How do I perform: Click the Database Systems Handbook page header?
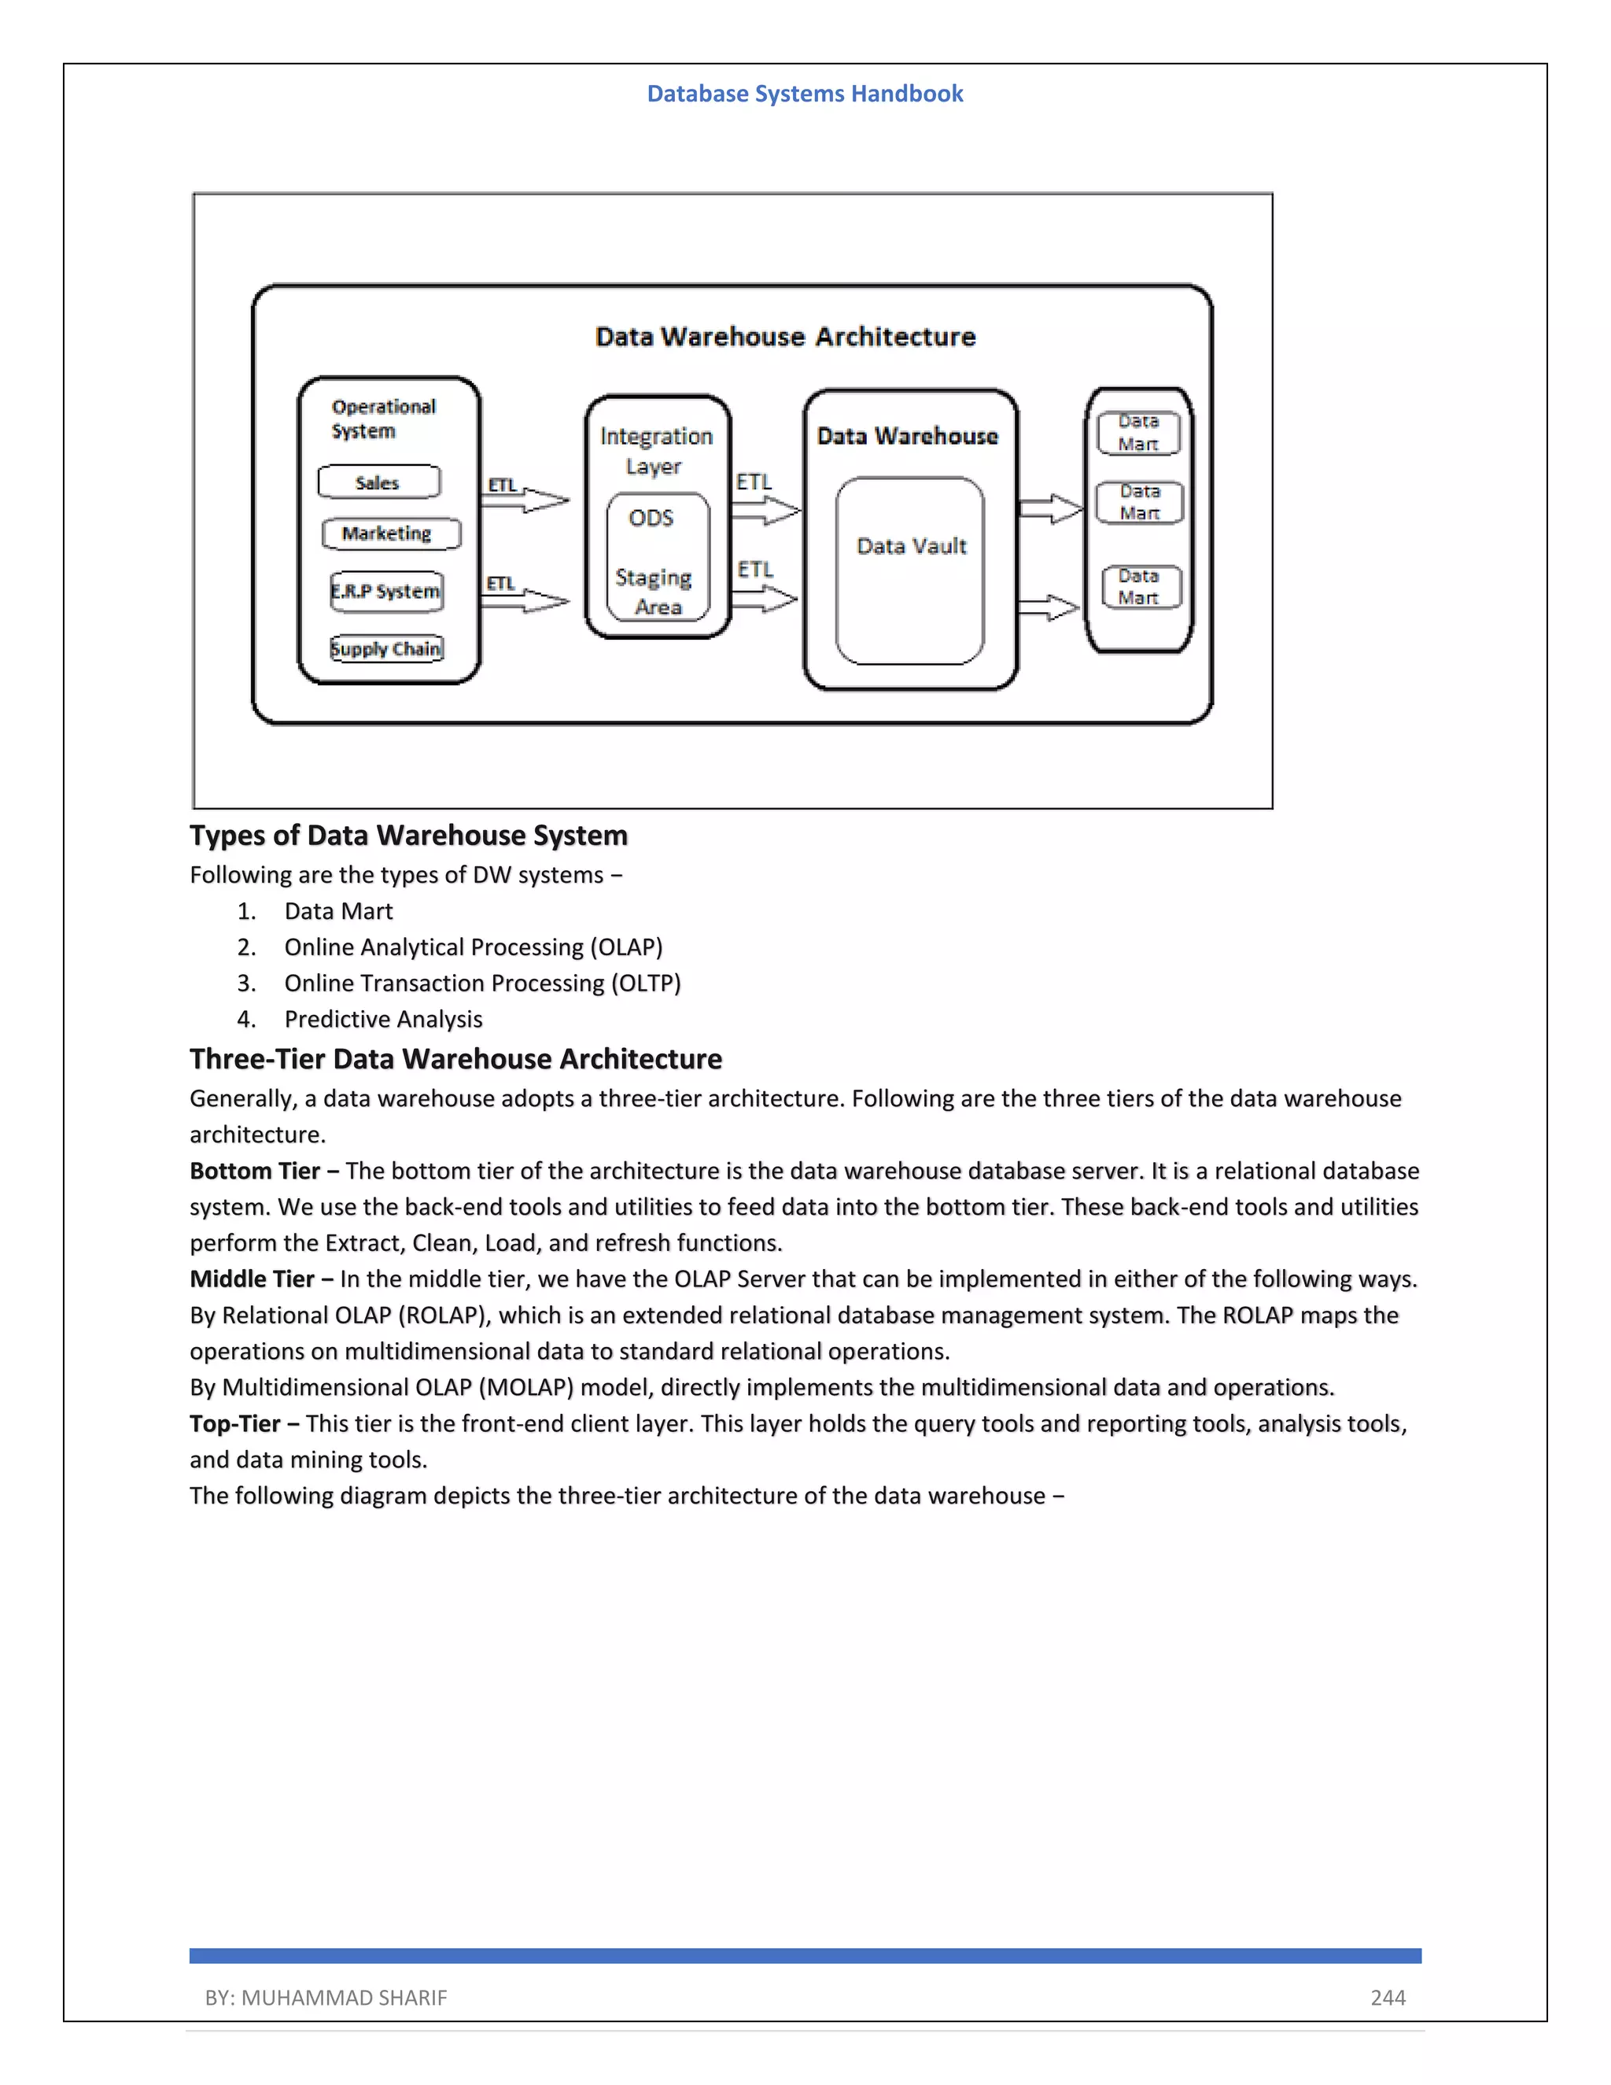pos(805,94)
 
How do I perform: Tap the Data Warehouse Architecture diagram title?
pos(784,337)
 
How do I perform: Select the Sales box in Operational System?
pos(379,482)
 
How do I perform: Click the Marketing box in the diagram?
pos(390,533)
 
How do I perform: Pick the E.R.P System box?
pos(385,591)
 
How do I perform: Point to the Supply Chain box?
pos(386,649)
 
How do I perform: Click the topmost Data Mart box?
pos(1137,434)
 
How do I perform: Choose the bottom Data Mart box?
pos(1141,587)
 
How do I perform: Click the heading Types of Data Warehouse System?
pos(408,836)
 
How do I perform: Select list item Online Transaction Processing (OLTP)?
pos(482,983)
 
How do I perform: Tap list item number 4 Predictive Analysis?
pos(383,1020)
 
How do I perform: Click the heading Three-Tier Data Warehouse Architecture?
pos(455,1059)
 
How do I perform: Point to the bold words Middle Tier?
pos(252,1279)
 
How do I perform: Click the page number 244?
pos(1388,1998)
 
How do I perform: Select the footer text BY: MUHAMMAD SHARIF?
pos(326,1998)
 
